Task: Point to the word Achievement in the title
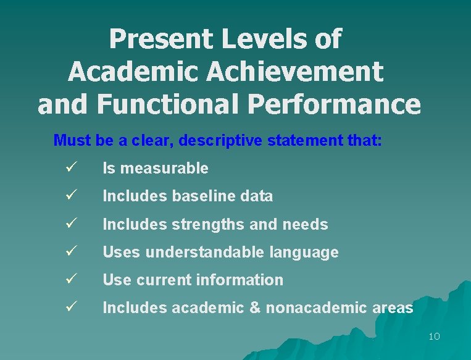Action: pos(295,72)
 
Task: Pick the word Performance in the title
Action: pos(334,104)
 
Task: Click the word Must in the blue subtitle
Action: pos(73,140)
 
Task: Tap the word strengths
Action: pos(199,224)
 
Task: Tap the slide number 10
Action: pos(433,337)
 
